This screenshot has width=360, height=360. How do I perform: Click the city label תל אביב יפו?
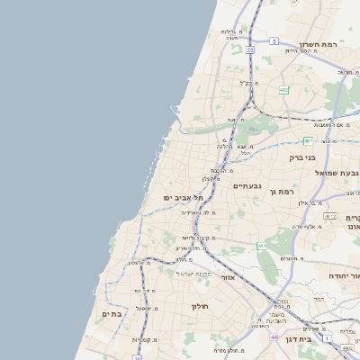coord(180,197)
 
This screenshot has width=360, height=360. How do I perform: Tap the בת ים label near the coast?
coord(112,313)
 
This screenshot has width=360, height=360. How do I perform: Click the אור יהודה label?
coord(343,275)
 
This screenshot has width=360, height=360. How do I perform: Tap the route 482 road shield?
coord(284,90)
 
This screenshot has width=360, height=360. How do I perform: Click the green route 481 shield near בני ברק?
coord(308,140)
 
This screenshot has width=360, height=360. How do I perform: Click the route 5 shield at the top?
coord(249,50)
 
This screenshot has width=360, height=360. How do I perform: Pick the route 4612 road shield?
coord(330,217)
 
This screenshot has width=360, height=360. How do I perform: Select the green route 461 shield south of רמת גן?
coord(262,245)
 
